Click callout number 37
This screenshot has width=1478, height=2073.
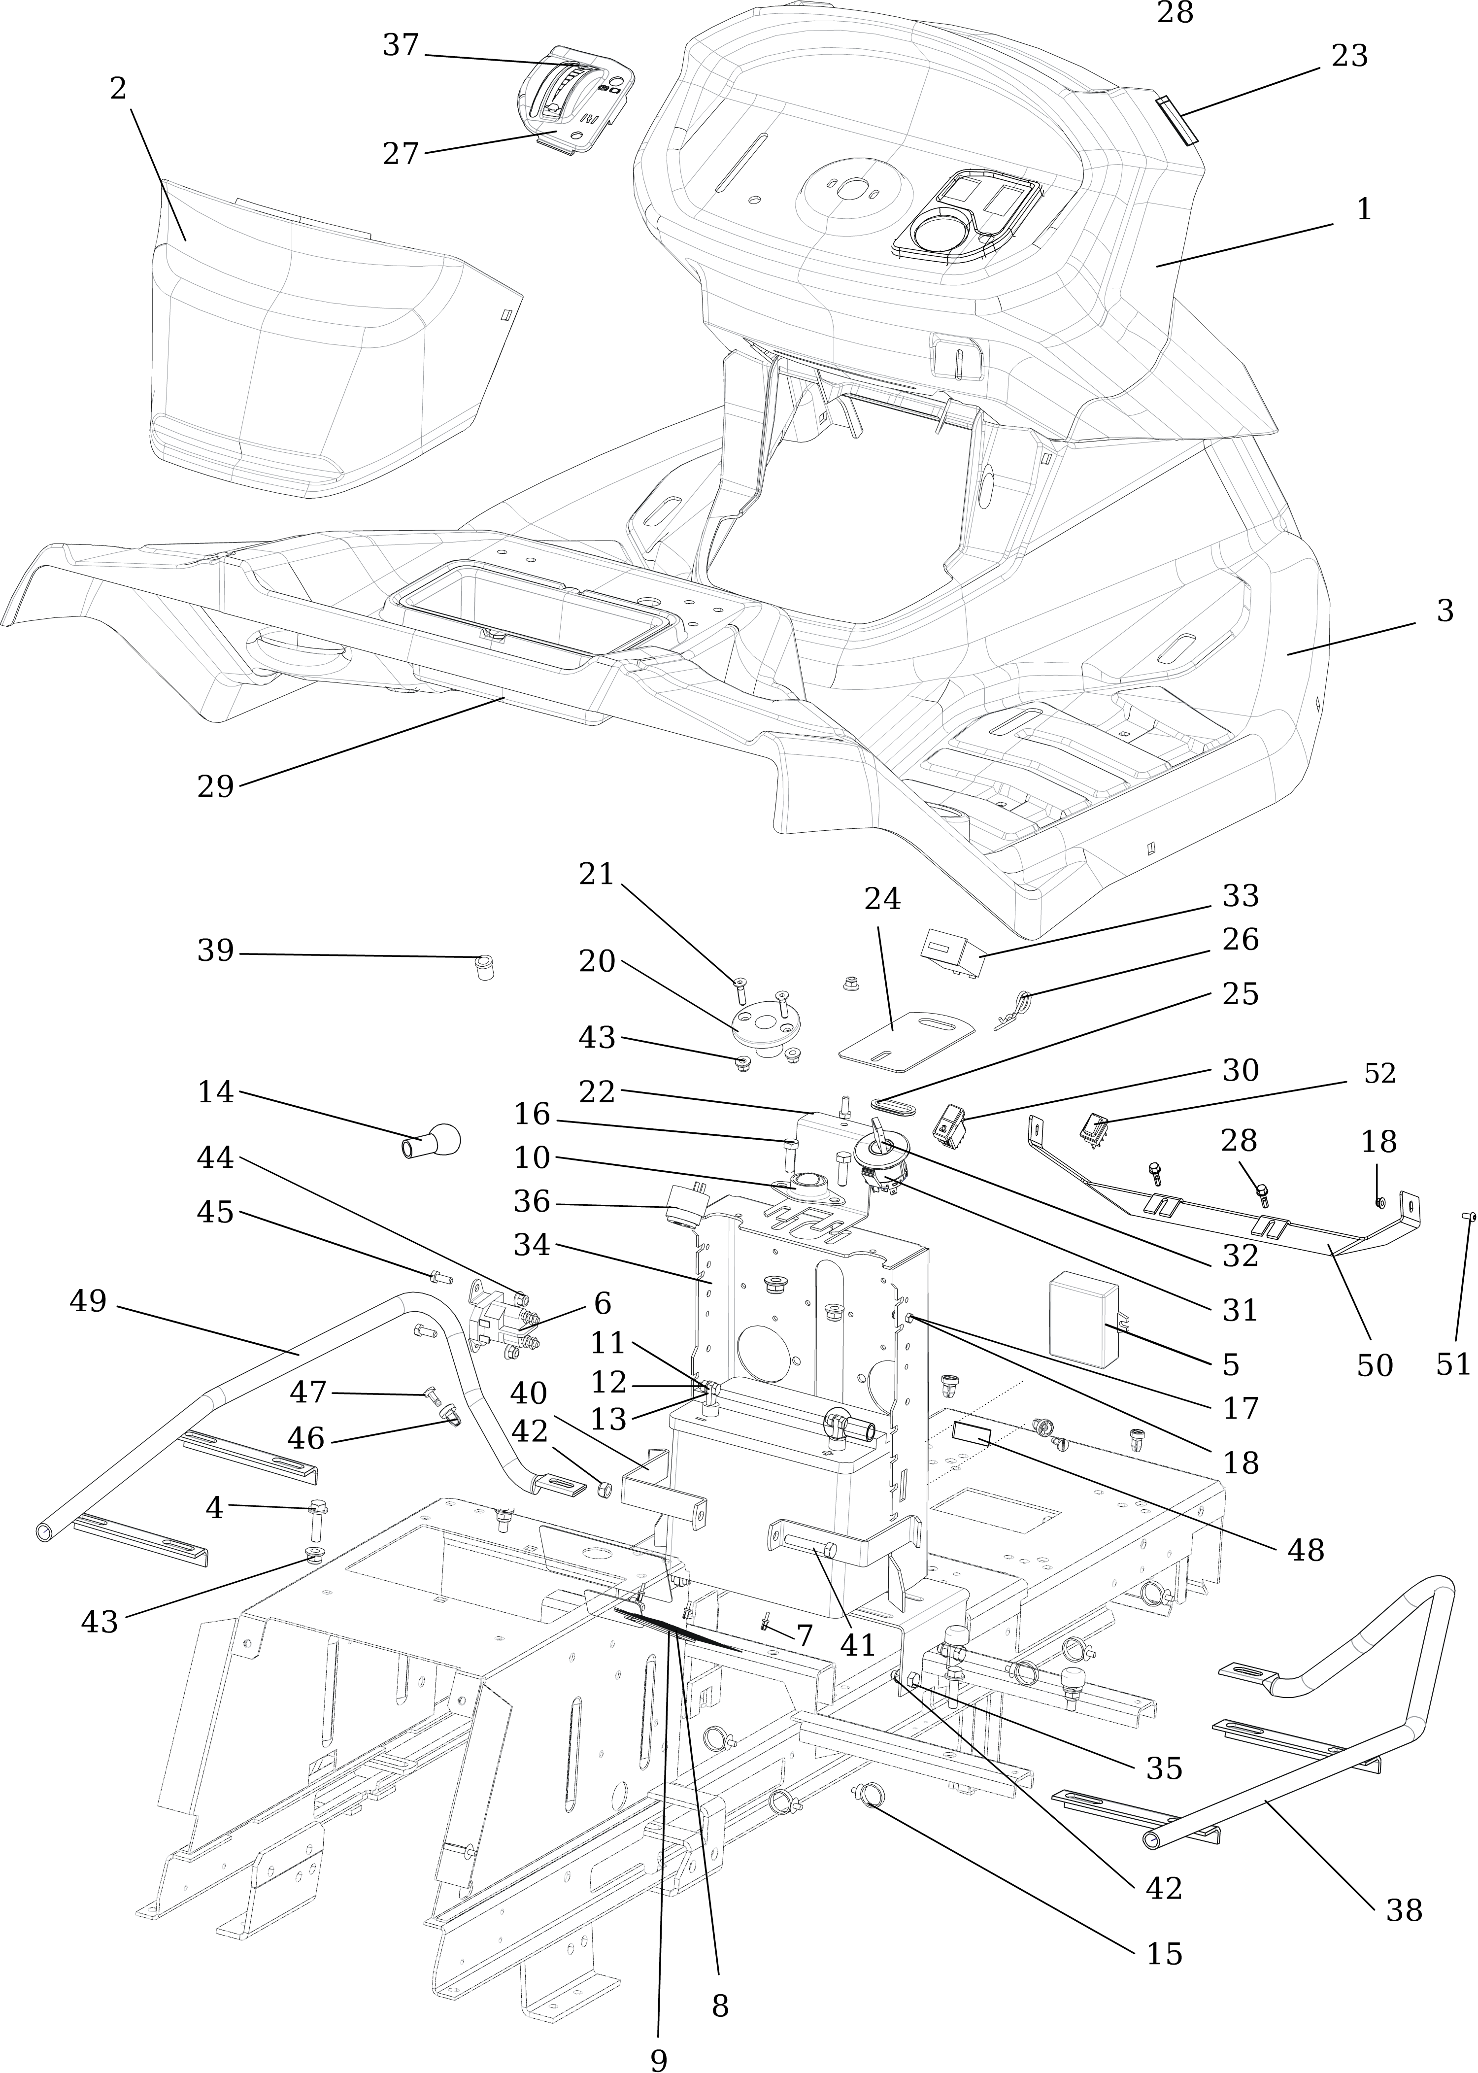(401, 45)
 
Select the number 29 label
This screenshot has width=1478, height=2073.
(216, 786)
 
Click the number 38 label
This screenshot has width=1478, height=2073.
(1404, 1910)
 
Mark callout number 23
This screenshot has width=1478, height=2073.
(1350, 57)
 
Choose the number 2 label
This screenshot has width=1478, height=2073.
(118, 89)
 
